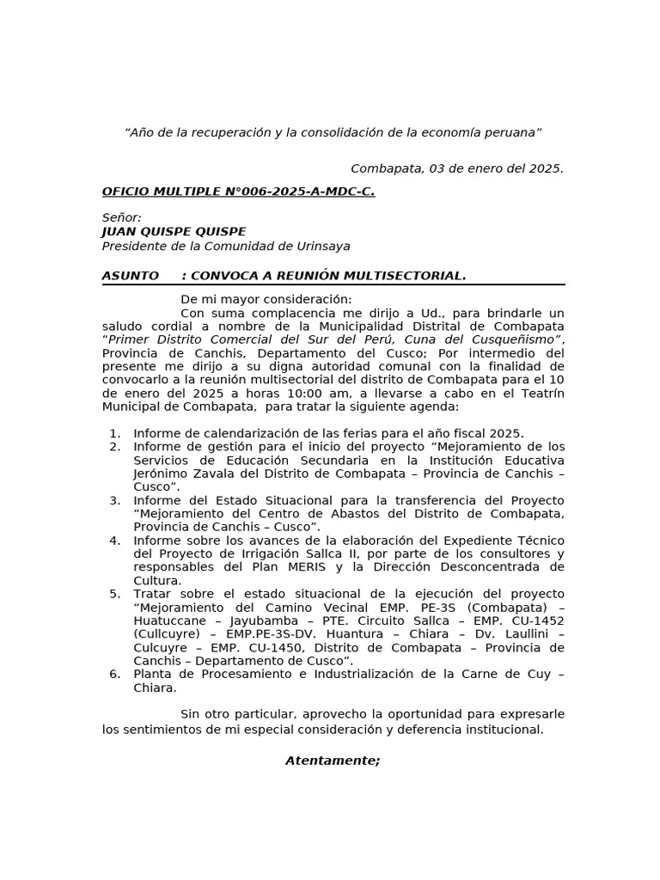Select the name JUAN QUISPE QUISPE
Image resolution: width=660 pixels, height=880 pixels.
[x=174, y=232]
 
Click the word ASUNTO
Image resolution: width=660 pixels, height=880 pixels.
[x=131, y=276]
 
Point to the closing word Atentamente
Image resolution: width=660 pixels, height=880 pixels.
[x=333, y=761]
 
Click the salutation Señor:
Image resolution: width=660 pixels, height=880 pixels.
[x=122, y=218]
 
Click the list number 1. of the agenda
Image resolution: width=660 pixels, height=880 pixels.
[x=115, y=434]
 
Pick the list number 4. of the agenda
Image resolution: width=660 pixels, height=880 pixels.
[x=115, y=541]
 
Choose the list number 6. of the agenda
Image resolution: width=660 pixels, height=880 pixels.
[x=115, y=675]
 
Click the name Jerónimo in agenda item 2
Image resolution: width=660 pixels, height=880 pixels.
[x=162, y=474]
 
